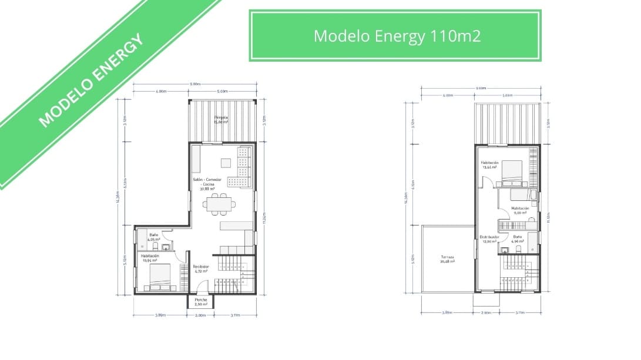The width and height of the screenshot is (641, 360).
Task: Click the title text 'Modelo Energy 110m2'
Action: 397,36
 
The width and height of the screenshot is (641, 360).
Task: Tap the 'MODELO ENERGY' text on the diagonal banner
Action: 90,81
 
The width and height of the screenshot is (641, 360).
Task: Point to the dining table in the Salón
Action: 220,204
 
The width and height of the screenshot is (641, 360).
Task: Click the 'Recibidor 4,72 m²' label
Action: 201,269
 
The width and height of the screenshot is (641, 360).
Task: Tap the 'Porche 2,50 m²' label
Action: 201,301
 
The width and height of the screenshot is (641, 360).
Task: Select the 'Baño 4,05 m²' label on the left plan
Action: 153,237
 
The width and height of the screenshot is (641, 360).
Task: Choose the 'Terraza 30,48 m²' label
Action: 448,259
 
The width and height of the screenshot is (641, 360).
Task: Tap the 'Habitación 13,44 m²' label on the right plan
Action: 489,164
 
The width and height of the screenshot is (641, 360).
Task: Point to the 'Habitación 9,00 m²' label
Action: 520,210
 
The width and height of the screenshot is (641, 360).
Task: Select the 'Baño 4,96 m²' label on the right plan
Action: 517,239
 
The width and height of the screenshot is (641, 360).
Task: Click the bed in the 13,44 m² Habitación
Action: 511,171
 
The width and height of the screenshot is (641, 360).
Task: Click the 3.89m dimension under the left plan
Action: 160,315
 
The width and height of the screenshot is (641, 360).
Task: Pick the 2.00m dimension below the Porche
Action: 200,315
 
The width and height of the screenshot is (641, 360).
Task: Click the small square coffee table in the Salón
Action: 226,163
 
